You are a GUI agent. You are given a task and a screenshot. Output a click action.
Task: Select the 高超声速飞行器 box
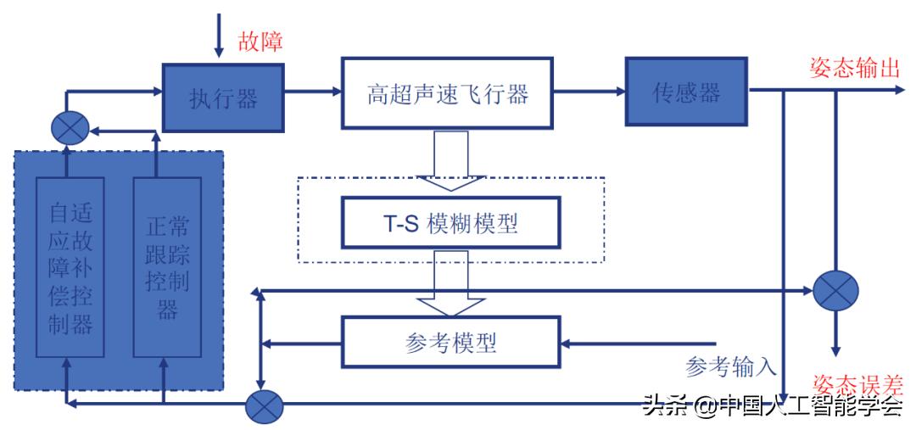(x=448, y=93)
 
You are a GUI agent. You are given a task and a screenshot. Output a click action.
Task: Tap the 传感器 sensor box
(x=686, y=92)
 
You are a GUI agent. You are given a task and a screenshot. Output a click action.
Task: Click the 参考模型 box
(x=450, y=342)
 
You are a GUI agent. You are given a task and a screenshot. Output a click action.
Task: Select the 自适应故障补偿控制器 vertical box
(x=70, y=267)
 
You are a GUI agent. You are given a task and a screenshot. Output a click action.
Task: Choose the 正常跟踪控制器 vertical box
(x=167, y=267)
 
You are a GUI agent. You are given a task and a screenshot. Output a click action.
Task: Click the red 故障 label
(x=260, y=42)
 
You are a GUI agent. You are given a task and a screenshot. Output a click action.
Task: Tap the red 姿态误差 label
(x=857, y=386)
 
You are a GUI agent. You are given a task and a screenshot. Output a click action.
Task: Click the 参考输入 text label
(x=731, y=366)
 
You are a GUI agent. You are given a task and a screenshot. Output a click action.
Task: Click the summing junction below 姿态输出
(x=835, y=291)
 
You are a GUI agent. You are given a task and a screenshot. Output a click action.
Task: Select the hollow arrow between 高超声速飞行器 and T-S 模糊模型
(x=450, y=160)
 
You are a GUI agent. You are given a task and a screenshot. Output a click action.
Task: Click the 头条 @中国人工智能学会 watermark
(x=772, y=406)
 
